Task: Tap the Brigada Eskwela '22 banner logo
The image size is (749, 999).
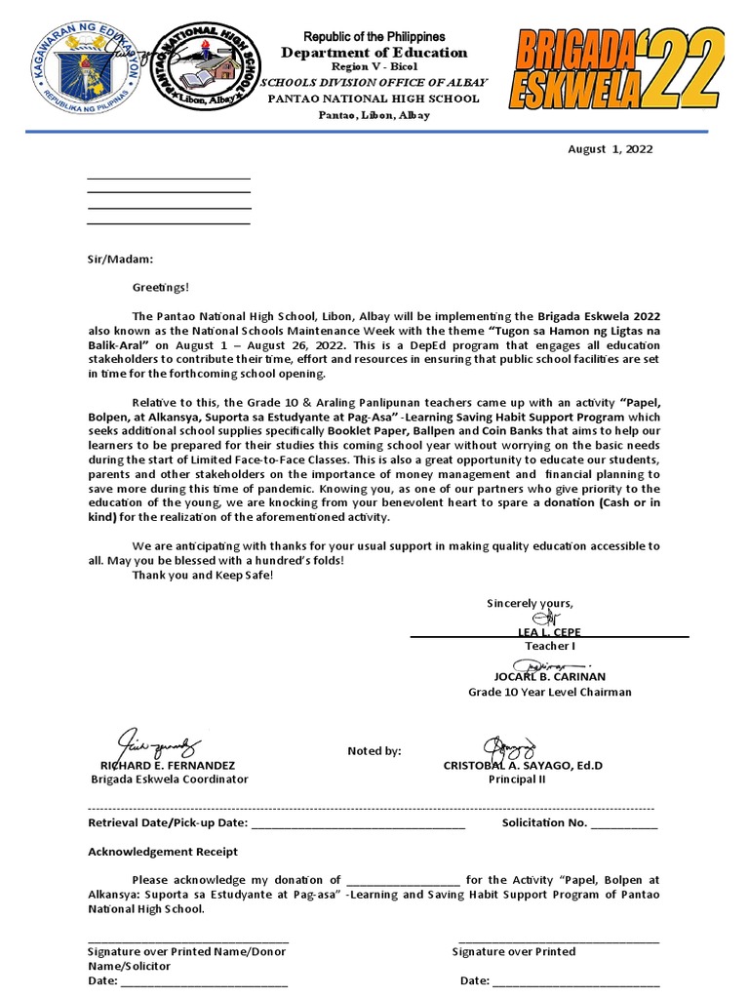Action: pos(618,70)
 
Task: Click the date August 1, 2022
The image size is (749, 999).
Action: pos(611,149)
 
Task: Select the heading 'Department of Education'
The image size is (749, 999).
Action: pos(374,53)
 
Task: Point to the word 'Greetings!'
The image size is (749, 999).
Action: pos(162,287)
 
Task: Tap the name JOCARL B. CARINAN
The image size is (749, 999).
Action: pos(550,676)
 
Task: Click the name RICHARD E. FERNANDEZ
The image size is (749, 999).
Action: pos(161,765)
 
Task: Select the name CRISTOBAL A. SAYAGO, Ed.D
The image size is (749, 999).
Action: pos(523,765)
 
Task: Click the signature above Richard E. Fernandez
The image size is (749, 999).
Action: pos(158,741)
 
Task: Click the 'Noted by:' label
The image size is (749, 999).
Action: pos(374,750)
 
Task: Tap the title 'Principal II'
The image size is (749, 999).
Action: pos(518,779)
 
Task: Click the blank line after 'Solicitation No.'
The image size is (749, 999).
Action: pos(624,824)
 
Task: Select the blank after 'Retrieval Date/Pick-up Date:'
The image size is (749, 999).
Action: pos(358,824)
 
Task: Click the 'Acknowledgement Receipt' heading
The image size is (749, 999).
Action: pos(163,852)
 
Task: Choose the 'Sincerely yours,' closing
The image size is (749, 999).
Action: pos(531,603)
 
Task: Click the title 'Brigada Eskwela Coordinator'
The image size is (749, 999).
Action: pos(170,779)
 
